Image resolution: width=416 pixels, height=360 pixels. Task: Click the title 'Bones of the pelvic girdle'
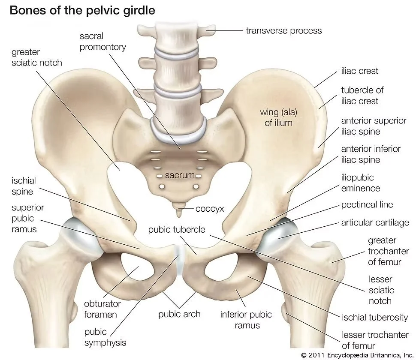[x=82, y=10]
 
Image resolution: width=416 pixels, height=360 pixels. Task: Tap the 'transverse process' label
[x=283, y=30]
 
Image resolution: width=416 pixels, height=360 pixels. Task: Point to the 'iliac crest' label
[x=360, y=71]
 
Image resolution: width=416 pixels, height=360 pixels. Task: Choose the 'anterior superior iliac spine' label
[x=373, y=126]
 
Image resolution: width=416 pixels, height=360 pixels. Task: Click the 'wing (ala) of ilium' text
[x=279, y=117]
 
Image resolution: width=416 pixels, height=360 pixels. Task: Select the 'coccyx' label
[x=210, y=209]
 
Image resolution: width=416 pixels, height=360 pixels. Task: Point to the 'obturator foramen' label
[x=102, y=309]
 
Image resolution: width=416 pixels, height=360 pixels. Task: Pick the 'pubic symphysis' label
[x=105, y=337]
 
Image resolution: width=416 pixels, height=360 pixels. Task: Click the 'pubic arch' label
[x=179, y=314]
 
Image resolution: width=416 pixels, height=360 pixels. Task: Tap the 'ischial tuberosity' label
[x=374, y=317]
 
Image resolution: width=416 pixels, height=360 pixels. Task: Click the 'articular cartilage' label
[x=375, y=223]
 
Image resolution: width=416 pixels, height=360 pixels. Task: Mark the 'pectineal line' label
[x=367, y=205]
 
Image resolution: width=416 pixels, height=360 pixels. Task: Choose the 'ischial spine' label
[x=24, y=186]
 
